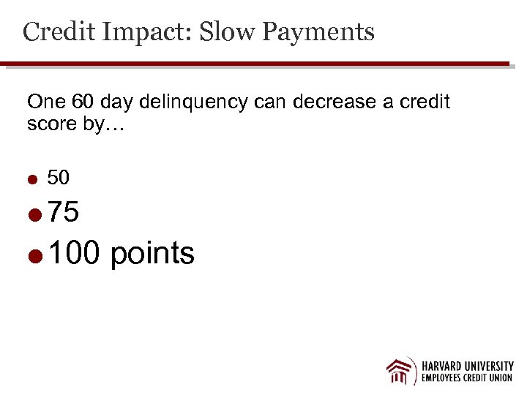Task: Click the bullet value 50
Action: [59, 177]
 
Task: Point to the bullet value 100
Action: [76, 253]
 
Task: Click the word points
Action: [152, 254]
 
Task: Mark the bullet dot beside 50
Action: [32, 178]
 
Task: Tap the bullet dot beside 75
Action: [33, 214]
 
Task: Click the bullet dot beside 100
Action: [33, 255]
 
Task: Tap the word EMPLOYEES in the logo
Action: [442, 379]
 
